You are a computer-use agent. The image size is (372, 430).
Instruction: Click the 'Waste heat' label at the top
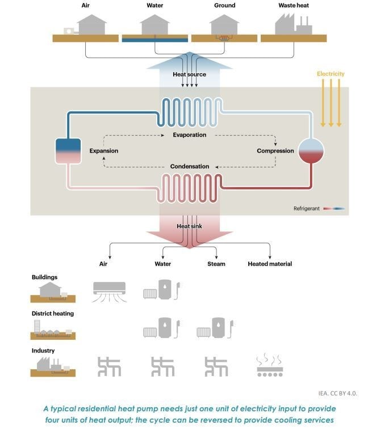293,5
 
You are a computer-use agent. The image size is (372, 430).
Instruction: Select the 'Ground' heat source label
224,5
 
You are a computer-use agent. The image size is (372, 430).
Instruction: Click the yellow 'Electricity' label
331,74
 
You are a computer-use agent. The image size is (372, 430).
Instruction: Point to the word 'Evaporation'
190,135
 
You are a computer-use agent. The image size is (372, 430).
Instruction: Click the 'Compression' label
275,151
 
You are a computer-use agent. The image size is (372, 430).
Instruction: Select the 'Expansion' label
104,151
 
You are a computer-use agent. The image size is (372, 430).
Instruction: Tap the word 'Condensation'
190,166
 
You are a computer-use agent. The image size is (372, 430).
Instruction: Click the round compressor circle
311,150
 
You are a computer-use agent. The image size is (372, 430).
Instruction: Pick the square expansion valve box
68,150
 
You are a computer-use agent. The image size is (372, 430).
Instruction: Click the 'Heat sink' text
189,226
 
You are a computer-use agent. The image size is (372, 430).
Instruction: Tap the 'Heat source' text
190,74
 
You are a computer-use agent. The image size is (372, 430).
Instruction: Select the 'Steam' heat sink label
216,264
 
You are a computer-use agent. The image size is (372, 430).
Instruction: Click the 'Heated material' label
270,264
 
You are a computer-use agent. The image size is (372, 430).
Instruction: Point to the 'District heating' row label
53,313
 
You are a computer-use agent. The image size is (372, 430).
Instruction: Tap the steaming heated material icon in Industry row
270,366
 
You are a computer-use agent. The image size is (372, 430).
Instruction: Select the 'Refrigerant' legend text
307,209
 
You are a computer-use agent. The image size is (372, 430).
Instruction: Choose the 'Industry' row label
43,351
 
